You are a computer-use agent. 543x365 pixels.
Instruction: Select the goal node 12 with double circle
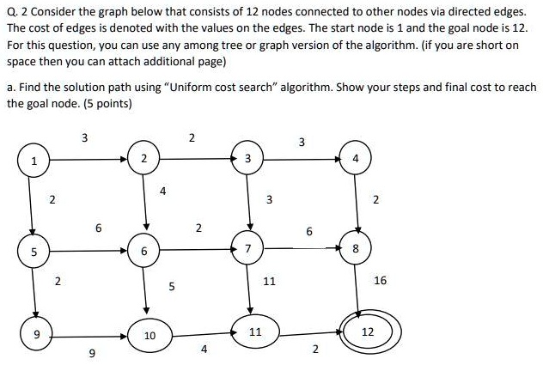[367, 332]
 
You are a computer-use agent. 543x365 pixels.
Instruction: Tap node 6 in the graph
[144, 251]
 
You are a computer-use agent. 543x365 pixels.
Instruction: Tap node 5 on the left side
[34, 252]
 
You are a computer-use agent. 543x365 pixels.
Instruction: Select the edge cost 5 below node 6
[171, 288]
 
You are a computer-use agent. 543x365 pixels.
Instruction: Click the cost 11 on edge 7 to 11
[269, 281]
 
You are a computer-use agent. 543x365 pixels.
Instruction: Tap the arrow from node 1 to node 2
[86, 159]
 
